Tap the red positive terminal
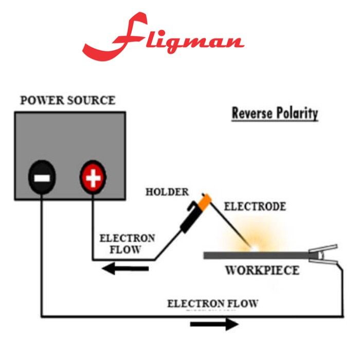click(x=93, y=178)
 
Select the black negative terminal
click(x=42, y=178)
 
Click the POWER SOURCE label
click(x=67, y=100)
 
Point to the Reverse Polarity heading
click(x=275, y=113)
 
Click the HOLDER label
click(x=167, y=192)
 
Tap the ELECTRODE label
click(x=255, y=207)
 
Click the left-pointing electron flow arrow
click(x=125, y=268)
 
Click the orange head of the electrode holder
click(x=204, y=201)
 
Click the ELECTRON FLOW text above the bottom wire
click(x=213, y=303)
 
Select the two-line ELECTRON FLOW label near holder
click(x=127, y=244)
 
